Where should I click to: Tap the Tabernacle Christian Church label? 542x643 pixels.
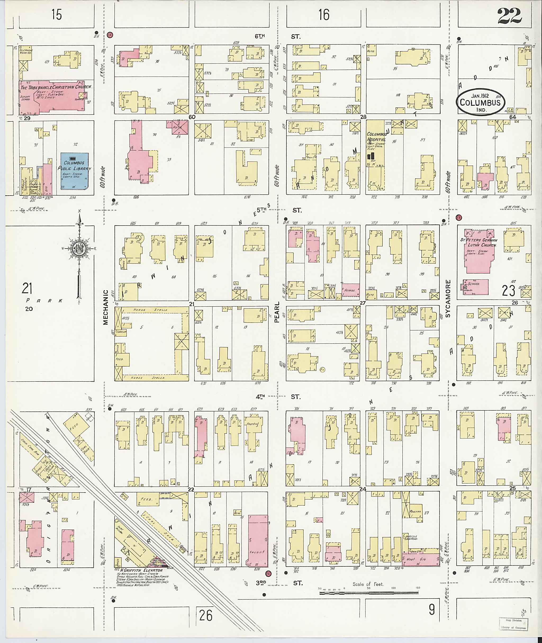pos(56,87)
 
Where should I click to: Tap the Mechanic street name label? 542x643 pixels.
pos(106,307)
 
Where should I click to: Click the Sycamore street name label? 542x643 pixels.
pos(448,298)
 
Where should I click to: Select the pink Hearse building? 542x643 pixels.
pos(351,290)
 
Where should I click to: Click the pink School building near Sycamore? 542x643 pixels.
pos(477,286)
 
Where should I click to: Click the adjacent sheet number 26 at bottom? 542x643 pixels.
pos(206,615)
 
